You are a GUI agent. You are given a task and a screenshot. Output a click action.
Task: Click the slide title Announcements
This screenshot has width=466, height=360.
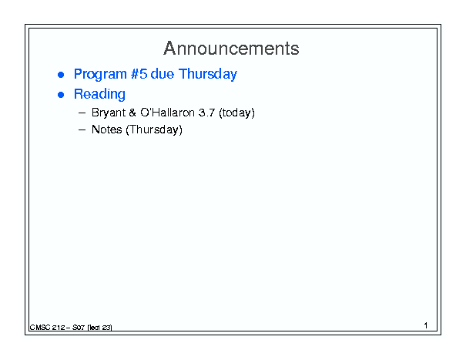point(231,49)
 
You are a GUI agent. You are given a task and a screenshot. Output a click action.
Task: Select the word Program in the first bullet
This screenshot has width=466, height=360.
point(100,74)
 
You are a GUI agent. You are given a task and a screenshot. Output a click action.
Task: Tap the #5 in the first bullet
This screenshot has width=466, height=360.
point(139,74)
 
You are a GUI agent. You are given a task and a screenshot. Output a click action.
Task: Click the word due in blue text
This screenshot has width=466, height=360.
point(163,74)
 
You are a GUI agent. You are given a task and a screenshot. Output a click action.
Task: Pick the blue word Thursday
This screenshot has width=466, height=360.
point(208,74)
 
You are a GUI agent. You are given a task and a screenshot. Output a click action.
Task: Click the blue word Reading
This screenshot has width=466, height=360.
point(99,95)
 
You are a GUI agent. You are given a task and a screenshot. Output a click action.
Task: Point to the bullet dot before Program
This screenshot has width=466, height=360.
point(61,75)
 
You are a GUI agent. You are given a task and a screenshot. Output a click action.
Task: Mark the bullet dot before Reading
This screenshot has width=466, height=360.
point(61,95)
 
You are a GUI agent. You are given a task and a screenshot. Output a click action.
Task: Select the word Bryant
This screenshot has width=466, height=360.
point(109,113)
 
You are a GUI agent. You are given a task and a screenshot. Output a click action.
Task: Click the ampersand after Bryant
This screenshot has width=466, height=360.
point(132,113)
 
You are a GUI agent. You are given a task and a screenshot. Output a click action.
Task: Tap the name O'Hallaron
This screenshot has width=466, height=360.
point(168,113)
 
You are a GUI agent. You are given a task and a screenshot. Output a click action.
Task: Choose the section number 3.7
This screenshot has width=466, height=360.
point(206,113)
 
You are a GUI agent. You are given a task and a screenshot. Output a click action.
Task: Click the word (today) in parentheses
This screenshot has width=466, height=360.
point(236,113)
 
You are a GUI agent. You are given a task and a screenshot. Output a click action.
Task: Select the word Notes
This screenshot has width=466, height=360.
point(107,130)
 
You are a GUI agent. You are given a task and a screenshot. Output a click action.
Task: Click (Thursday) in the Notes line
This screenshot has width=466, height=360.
point(154,130)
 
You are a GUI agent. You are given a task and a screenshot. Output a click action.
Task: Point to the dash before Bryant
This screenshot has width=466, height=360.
point(82,113)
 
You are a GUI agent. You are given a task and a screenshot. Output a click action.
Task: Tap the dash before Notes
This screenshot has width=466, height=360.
point(82,130)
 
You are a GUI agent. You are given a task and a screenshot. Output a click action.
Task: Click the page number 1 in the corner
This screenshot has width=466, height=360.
point(426,325)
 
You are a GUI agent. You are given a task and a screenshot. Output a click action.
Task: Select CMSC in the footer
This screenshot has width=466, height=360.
point(40,328)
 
